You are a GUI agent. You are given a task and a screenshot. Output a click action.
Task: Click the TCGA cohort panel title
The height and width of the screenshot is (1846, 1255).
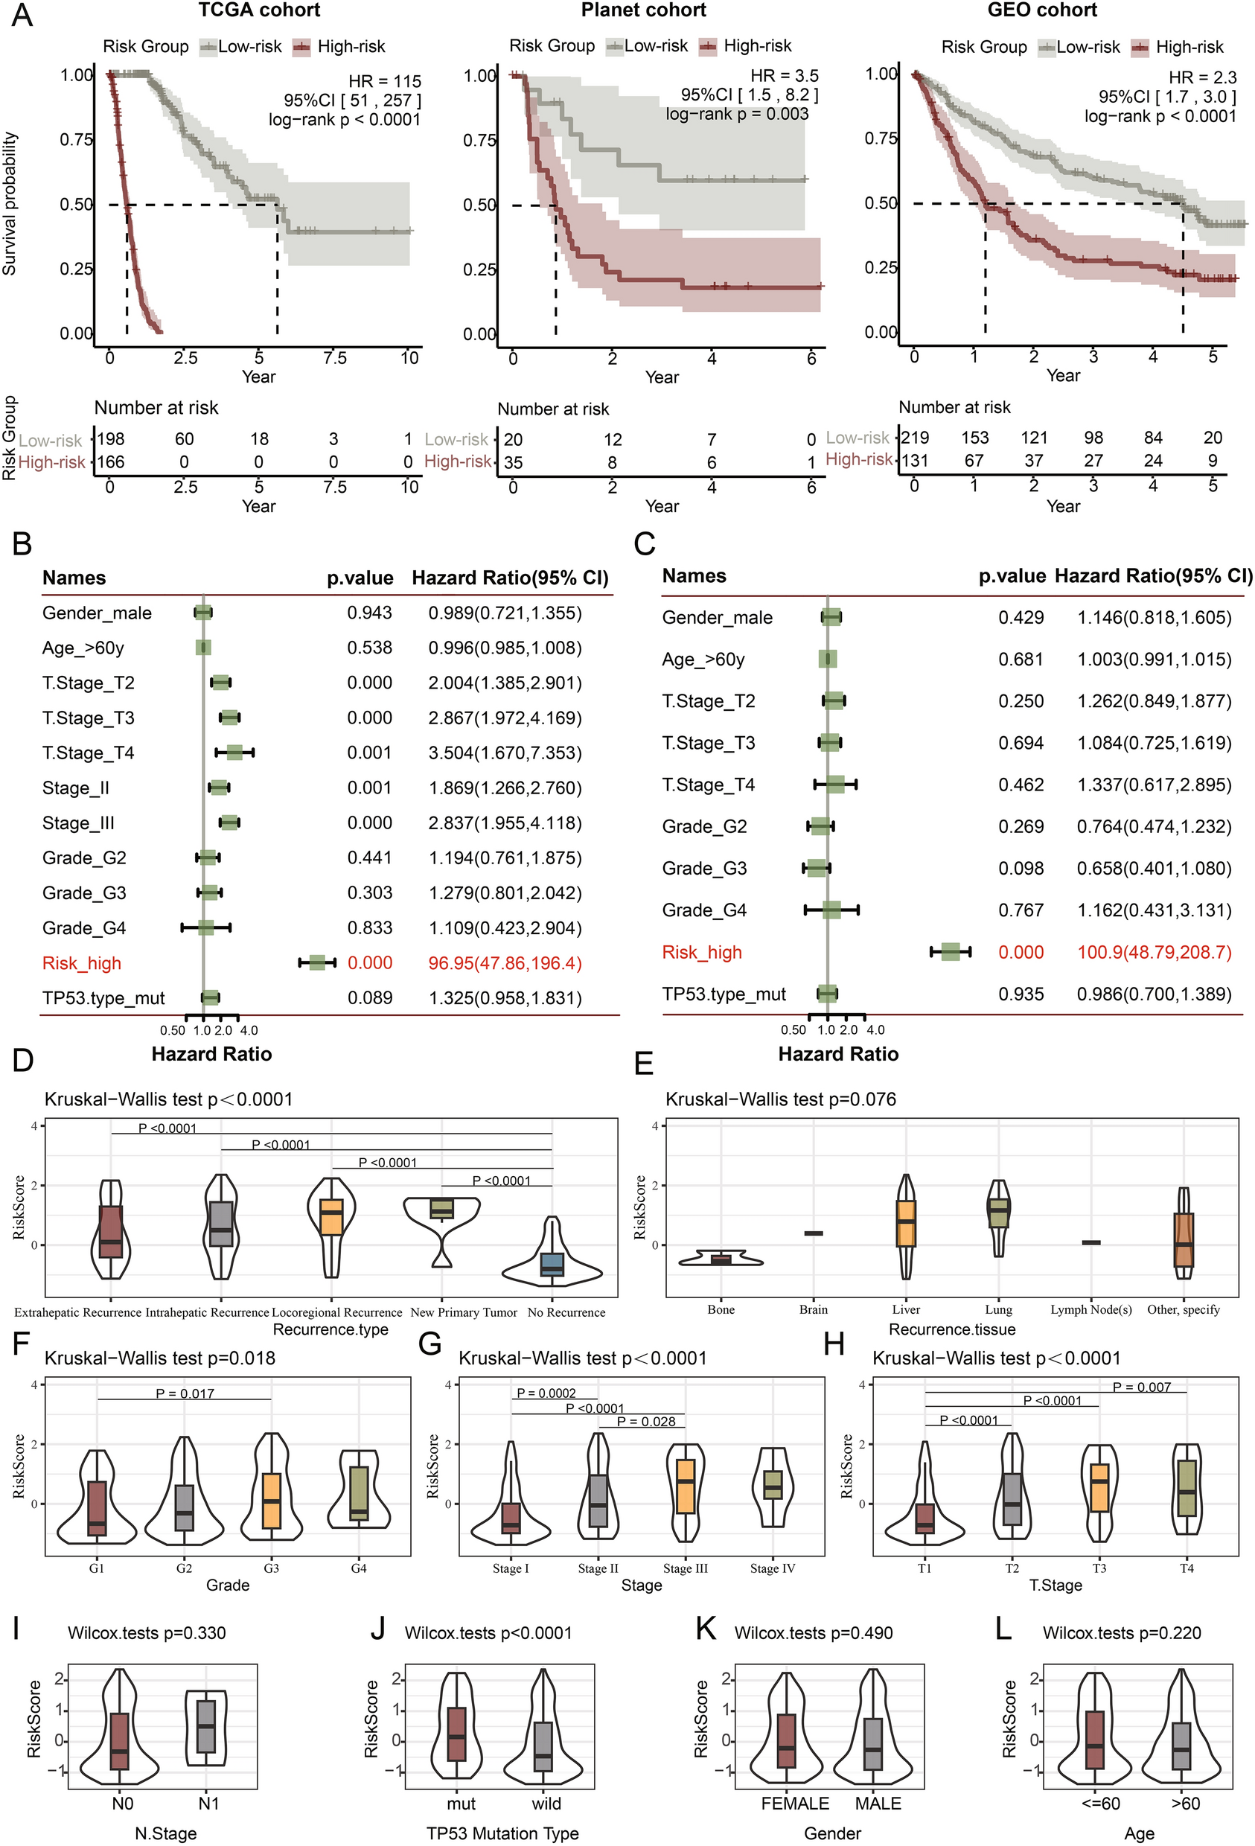(x=259, y=10)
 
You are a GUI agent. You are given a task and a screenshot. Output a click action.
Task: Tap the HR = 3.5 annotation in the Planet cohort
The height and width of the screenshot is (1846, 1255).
(x=784, y=75)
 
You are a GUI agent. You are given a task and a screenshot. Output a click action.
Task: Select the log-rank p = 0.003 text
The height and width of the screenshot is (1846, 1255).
(x=736, y=114)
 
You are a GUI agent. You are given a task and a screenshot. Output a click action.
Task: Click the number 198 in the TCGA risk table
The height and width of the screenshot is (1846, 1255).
(x=110, y=439)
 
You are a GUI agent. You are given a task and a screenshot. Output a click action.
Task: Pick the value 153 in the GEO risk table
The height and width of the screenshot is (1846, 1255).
(x=974, y=438)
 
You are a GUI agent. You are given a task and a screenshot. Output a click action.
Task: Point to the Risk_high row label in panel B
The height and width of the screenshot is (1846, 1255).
(x=82, y=963)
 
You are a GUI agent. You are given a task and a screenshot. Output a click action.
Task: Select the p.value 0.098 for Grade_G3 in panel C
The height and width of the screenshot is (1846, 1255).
(x=1021, y=868)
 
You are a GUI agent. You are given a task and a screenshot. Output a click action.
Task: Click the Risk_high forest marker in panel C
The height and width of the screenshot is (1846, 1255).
(x=950, y=951)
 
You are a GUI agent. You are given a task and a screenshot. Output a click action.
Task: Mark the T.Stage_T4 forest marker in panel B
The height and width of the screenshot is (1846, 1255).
(x=234, y=753)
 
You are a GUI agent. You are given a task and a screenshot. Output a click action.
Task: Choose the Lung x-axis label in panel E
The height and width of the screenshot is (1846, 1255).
(x=998, y=1310)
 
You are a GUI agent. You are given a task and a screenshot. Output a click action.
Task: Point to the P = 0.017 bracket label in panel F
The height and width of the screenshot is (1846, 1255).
(x=185, y=1393)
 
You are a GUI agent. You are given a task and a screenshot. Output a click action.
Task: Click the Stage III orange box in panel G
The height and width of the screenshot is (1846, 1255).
(x=685, y=1486)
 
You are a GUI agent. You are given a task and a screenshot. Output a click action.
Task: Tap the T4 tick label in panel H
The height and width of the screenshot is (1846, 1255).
(x=1186, y=1568)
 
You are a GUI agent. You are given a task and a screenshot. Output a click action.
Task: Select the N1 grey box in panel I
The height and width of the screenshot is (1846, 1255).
(x=206, y=1726)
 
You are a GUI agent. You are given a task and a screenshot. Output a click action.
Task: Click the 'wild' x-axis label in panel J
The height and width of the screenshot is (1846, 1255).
(x=546, y=1804)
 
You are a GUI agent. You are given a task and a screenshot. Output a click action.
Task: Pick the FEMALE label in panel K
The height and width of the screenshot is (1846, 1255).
(x=794, y=1804)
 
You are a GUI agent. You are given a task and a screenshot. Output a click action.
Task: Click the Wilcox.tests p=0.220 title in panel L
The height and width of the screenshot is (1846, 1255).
(x=1122, y=1633)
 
